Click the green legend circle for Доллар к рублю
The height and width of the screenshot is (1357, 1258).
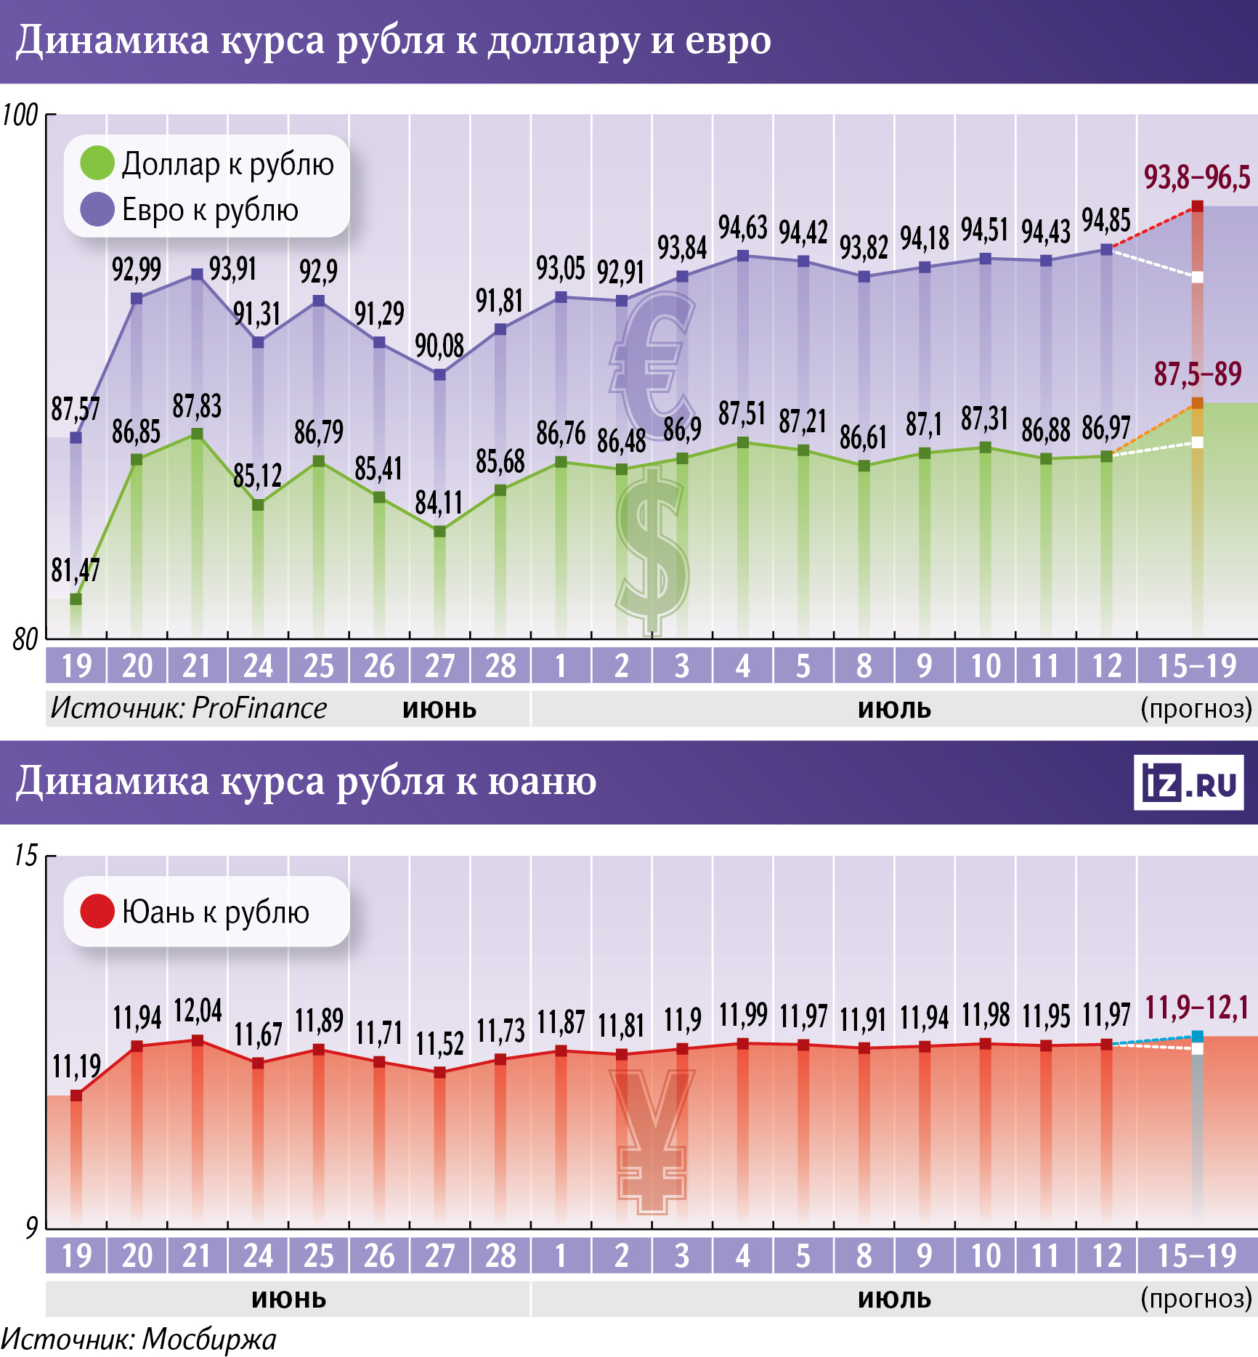[97, 163]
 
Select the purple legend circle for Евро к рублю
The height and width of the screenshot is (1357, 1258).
[97, 210]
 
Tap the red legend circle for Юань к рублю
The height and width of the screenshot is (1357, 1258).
[97, 911]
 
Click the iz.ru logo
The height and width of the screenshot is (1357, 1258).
[1188, 783]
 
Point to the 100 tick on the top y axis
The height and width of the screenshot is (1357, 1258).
[20, 115]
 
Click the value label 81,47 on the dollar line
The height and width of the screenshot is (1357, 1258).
[75, 571]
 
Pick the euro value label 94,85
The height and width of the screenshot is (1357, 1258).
[1105, 219]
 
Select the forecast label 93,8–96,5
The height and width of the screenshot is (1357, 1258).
[1197, 177]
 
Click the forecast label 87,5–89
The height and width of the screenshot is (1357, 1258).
[1198, 374]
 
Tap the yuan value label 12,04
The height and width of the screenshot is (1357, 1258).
[197, 1010]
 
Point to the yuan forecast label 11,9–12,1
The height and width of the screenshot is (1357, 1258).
[1197, 1008]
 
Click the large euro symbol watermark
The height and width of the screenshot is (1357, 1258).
[652, 363]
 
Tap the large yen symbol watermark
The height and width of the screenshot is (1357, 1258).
[652, 1141]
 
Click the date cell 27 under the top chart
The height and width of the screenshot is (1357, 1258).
[439, 665]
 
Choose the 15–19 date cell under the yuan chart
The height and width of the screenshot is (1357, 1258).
[1196, 1256]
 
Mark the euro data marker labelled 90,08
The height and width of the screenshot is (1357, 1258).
[439, 375]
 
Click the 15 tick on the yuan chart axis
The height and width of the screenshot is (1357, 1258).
[25, 856]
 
